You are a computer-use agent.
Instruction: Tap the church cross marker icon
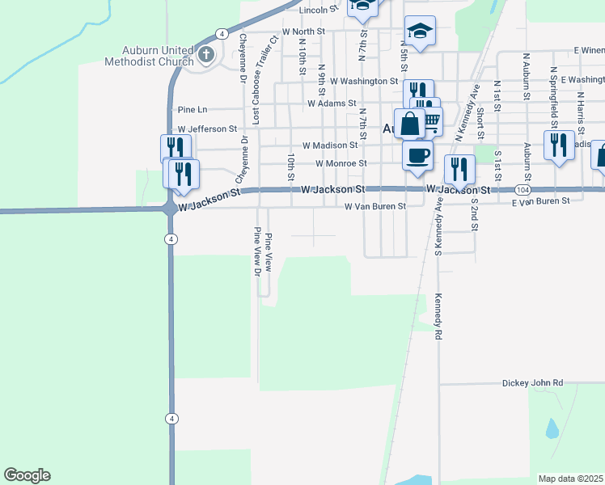click(206, 55)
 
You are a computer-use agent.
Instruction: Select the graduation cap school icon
click(420, 32)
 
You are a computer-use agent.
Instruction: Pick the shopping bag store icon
click(410, 124)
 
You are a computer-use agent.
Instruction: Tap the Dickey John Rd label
click(531, 383)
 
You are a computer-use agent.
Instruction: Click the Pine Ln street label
click(192, 109)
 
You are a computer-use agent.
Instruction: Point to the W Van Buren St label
click(374, 206)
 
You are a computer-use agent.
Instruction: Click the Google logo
click(27, 475)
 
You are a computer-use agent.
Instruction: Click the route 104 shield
click(522, 189)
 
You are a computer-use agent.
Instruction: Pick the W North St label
click(302, 32)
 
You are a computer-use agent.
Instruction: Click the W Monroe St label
click(341, 163)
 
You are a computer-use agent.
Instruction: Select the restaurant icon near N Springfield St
click(558, 145)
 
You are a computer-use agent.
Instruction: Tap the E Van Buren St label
click(544, 199)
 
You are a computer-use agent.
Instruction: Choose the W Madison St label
click(329, 145)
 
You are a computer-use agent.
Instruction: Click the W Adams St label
click(332, 103)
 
